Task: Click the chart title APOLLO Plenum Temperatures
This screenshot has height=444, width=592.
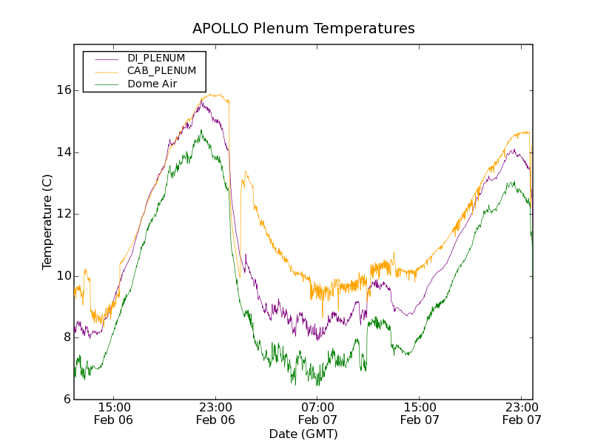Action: click(303, 29)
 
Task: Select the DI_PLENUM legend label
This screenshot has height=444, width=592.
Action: click(156, 58)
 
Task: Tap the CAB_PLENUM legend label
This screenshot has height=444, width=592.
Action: click(161, 71)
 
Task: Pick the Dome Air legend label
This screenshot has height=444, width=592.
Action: click(152, 84)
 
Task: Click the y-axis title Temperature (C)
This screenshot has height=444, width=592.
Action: click(47, 222)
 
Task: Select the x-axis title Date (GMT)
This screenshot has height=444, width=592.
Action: click(303, 434)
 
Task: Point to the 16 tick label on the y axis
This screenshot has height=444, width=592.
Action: click(64, 90)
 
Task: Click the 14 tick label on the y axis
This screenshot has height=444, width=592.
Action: click(64, 152)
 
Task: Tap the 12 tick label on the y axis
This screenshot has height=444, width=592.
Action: click(64, 214)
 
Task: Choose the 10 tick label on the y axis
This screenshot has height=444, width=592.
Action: click(64, 276)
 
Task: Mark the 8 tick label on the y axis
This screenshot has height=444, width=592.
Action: click(67, 338)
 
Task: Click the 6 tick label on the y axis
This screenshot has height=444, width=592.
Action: click(67, 400)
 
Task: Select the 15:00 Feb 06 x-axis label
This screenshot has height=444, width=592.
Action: click(114, 413)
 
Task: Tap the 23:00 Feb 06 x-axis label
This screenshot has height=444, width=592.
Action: click(215, 413)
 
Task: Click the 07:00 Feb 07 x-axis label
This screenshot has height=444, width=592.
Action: click(317, 413)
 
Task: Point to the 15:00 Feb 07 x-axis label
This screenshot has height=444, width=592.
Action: click(420, 413)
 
